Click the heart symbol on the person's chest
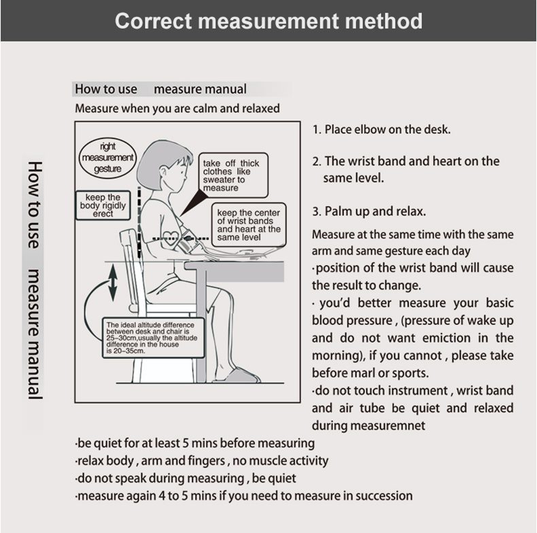click(x=171, y=235)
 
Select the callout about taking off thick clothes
click(x=231, y=175)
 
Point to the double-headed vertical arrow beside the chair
click(x=111, y=283)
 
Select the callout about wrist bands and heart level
click(x=248, y=225)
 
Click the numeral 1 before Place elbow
click(x=316, y=129)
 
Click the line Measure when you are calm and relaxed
click(x=177, y=109)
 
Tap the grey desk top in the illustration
click(x=235, y=269)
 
